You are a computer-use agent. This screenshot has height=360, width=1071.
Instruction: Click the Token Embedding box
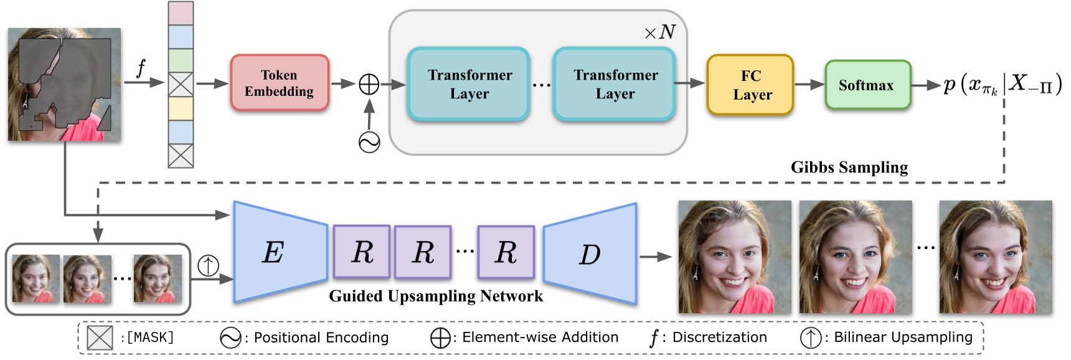tap(280, 83)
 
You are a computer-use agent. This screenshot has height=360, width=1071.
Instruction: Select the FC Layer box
tap(750, 85)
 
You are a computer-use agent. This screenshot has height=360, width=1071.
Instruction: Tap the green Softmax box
tap(867, 85)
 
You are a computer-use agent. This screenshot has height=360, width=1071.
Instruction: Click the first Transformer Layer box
tap(469, 84)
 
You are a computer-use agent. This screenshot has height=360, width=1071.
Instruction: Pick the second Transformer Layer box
tap(615, 84)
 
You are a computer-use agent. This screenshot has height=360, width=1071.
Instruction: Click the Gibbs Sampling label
tap(849, 168)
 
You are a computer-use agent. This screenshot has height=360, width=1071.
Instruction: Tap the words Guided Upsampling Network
tap(436, 296)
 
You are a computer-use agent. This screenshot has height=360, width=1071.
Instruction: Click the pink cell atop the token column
tap(181, 13)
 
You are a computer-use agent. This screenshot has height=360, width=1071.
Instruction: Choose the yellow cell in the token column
tap(181, 108)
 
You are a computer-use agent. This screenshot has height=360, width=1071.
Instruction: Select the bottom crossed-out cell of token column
tap(181, 156)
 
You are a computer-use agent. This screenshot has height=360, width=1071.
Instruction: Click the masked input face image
tap(64, 85)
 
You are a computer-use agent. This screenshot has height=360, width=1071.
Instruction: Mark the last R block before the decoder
tap(506, 252)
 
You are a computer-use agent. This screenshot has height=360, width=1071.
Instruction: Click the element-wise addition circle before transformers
tap(369, 84)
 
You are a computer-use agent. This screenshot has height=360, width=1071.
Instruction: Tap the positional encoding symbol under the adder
tap(369, 143)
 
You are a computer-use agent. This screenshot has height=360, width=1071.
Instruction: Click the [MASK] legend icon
tap(100, 338)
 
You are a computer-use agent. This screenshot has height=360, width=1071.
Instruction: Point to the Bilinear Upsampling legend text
tap(902, 337)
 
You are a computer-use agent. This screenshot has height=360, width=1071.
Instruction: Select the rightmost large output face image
tap(996, 257)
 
